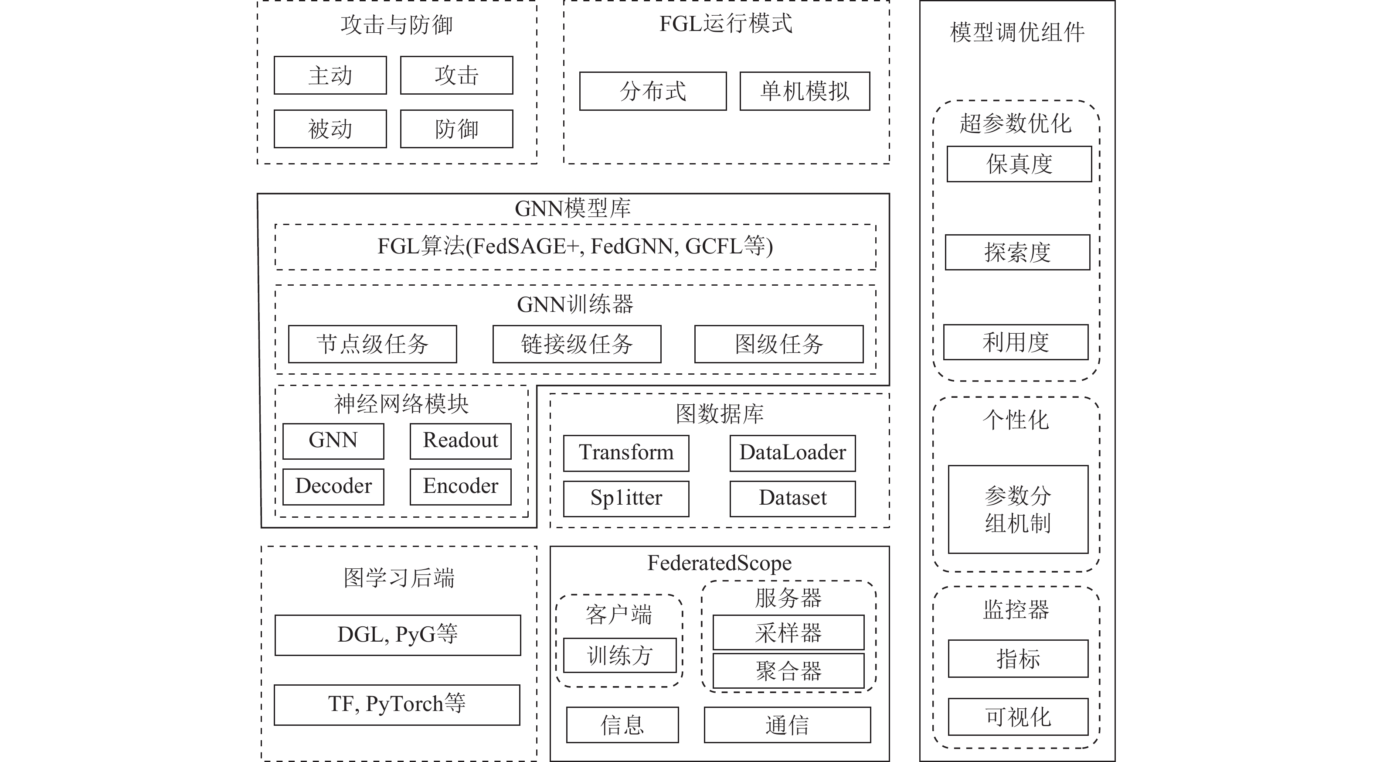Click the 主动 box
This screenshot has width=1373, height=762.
tap(330, 75)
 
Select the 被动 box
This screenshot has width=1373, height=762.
tap(330, 129)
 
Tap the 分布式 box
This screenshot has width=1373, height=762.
tap(653, 91)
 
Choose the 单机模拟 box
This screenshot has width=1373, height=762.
tap(805, 91)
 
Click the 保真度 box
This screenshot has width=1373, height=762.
tap(1019, 164)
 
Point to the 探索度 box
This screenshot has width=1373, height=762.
tap(1017, 252)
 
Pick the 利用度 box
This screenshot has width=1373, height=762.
tap(1016, 342)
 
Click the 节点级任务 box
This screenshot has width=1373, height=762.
tap(373, 344)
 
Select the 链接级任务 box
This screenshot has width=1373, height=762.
tap(577, 344)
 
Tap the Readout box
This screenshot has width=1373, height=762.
tap(461, 441)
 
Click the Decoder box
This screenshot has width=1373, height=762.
tap(333, 486)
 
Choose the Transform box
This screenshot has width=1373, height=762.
tap(626, 453)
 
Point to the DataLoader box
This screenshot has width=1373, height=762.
tap(792, 453)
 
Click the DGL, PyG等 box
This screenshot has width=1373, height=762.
tap(398, 635)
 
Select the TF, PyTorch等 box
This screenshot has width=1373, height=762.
tap(397, 705)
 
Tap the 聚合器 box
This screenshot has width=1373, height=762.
tap(788, 671)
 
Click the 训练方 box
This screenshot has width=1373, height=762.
tap(620, 655)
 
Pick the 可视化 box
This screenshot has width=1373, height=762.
tap(1018, 717)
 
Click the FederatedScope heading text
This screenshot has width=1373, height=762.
tap(720, 563)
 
